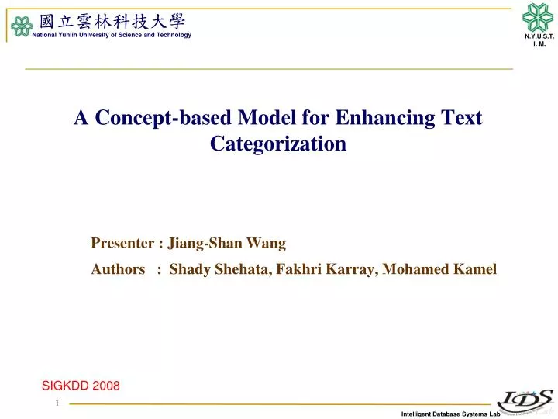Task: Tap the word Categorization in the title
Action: [278, 144]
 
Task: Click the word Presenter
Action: [123, 244]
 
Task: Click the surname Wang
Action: [267, 244]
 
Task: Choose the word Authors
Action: [118, 269]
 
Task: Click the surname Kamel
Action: [474, 269]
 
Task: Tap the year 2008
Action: [106, 386]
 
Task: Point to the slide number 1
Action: [57, 404]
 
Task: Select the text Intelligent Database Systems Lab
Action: [446, 414]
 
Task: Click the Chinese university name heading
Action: [112, 21]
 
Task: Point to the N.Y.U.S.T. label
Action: [539, 37]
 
